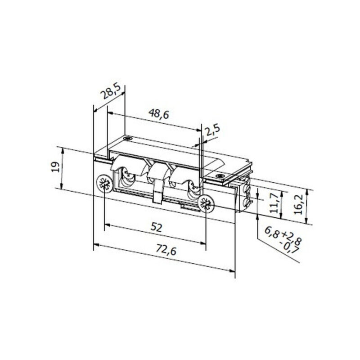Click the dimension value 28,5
click(x=112, y=91)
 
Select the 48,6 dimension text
click(x=159, y=114)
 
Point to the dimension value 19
click(x=55, y=167)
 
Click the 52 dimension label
click(x=156, y=228)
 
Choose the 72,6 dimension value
click(x=166, y=250)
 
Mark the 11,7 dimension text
click(x=274, y=203)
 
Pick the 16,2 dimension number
click(x=298, y=205)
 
